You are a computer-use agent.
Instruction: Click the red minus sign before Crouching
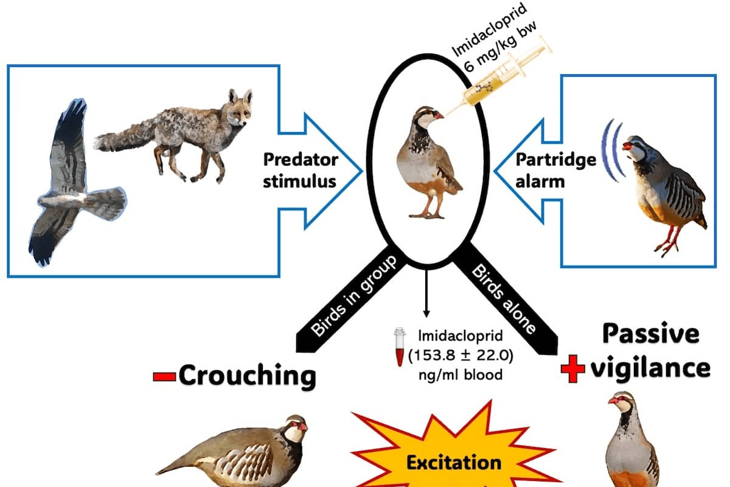(164, 376)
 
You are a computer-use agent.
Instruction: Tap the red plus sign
(572, 369)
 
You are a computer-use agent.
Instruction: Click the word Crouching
(246, 376)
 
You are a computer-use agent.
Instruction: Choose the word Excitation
(454, 462)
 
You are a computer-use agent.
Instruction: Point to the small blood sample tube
(400, 347)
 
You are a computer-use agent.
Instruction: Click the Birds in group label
(353, 295)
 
